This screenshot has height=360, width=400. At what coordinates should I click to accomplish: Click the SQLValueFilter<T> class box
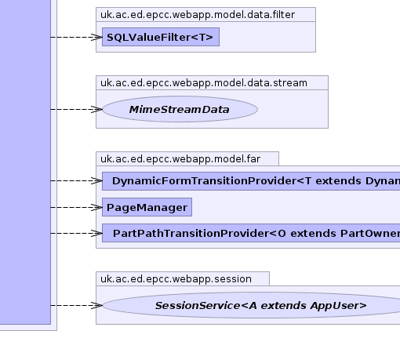pos(161,37)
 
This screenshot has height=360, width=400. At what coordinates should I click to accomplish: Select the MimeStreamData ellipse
pos(180,109)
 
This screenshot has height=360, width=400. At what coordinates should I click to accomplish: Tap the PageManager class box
pos(147,207)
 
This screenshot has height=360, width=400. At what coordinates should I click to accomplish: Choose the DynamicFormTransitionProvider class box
pos(251,181)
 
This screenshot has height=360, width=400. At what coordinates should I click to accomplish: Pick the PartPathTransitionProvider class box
pos(251,233)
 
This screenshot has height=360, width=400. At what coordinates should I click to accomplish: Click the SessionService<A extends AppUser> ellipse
pos(251,305)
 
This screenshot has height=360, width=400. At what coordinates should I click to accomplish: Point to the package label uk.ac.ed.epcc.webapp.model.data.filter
pos(198,15)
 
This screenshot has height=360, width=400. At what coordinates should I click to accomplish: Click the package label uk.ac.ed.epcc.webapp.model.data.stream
pos(204,83)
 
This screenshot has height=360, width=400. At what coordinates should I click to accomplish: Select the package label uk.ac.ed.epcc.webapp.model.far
pos(180,159)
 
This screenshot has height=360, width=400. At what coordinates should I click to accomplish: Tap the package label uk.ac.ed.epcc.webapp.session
pos(176,279)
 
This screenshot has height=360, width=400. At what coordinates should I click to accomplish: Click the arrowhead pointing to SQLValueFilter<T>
pos(96,37)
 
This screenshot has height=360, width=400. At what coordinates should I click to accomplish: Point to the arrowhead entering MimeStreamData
pos(96,109)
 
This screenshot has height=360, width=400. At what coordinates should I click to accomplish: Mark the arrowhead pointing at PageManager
pos(96,207)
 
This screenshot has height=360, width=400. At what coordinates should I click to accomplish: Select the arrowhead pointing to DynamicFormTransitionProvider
pos(96,180)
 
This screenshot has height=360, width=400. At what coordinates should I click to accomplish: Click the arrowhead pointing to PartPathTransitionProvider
pos(96,233)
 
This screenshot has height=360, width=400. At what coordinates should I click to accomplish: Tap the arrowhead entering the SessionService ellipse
pos(96,305)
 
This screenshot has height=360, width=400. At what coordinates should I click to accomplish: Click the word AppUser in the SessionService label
pos(338,306)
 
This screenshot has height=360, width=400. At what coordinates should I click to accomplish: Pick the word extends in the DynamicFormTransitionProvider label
pos(338,181)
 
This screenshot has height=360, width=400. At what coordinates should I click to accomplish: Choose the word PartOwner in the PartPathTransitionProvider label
pos(370,233)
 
